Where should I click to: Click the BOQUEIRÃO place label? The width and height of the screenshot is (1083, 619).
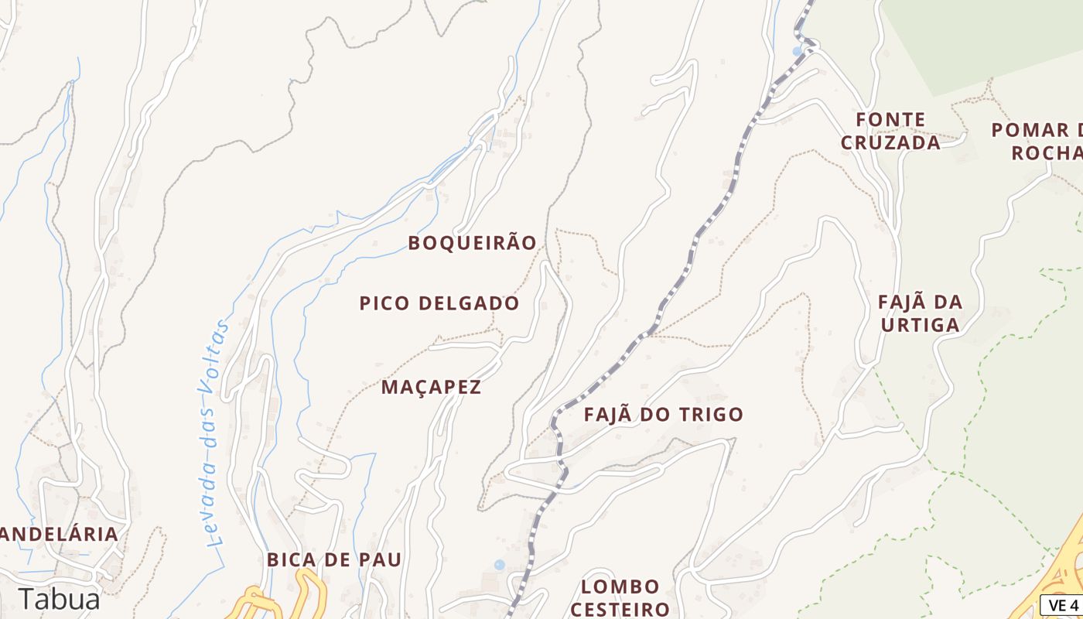(472, 243)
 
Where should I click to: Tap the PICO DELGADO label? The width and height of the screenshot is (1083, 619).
(439, 303)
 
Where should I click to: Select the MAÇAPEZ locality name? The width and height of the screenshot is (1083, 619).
(431, 387)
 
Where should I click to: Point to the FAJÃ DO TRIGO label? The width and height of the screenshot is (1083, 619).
(663, 415)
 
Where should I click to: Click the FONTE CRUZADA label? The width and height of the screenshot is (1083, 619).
(890, 131)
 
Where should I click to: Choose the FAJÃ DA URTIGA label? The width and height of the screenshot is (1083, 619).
(921, 313)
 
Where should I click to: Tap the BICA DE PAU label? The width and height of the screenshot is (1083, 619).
(334, 559)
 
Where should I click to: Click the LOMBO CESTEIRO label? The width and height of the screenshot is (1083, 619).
(620, 597)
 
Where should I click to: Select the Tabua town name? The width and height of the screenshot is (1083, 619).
(60, 600)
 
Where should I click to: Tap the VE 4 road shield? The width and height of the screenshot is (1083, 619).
(1063, 604)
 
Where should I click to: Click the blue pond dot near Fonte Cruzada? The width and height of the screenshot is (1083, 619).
(798, 52)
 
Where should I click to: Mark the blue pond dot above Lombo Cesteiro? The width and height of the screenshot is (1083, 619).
(499, 565)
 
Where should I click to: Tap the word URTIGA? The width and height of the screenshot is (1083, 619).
(921, 324)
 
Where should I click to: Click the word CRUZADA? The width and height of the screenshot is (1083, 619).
(890, 142)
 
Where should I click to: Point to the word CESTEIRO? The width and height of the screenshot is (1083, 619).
(620, 609)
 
